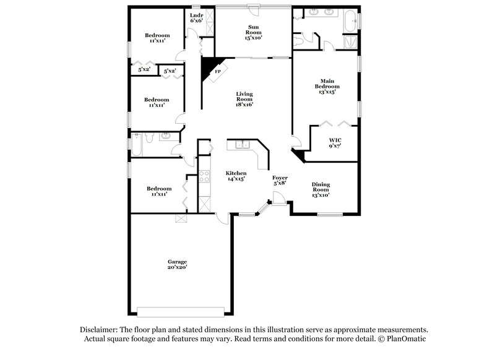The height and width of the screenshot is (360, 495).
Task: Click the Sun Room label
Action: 254,32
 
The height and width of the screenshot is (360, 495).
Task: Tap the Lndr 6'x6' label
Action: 197,18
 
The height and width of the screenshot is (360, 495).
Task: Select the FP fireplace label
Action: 217,72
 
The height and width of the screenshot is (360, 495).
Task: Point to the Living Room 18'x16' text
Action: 244,99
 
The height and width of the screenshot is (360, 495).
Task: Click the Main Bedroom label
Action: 326,86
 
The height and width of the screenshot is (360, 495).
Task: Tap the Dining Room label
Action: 320,189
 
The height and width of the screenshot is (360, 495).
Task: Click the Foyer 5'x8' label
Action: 280,180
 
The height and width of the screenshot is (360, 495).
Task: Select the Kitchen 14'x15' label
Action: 236,176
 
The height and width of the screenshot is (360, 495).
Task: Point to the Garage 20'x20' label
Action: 176,264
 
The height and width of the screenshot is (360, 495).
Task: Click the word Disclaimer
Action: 99,330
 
